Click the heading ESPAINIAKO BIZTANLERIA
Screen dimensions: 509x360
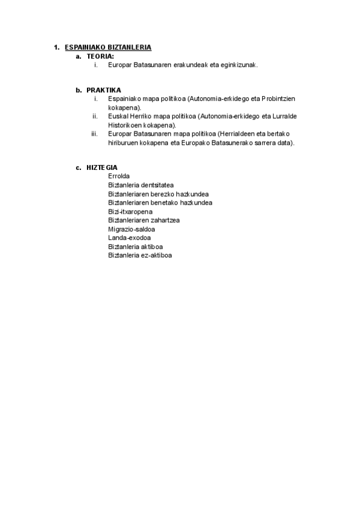point(108,47)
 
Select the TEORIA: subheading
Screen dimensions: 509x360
point(100,56)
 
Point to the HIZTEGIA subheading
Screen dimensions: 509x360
point(102,167)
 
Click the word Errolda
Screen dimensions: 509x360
point(119,176)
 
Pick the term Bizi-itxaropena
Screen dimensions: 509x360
point(130,212)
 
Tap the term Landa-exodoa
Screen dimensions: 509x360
point(125,238)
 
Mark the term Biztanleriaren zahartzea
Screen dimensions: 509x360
point(144,220)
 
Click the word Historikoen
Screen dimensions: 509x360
point(125,125)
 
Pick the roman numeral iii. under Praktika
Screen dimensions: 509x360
point(95,134)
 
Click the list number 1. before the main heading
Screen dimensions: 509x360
point(56,47)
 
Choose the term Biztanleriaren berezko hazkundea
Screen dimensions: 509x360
point(158,194)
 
